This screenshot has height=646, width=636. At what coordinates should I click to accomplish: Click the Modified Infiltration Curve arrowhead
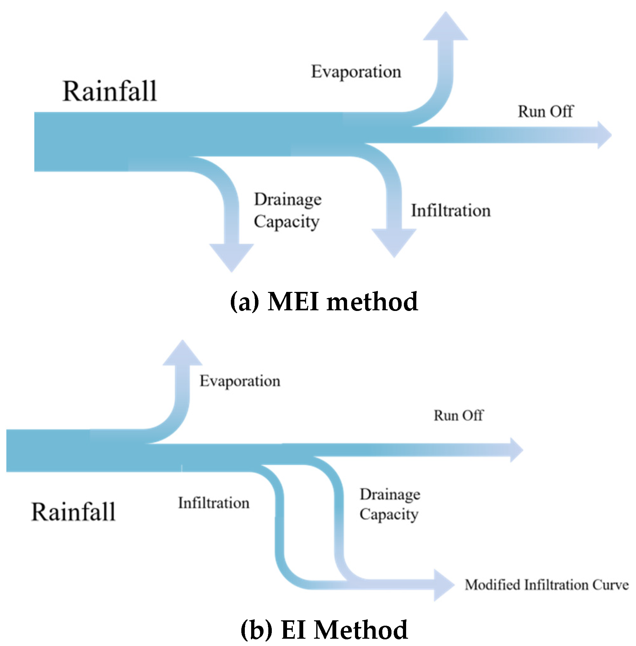(443, 584)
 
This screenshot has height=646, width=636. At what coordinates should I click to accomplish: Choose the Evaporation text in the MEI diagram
(356, 72)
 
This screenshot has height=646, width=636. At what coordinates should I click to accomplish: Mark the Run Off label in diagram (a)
(545, 111)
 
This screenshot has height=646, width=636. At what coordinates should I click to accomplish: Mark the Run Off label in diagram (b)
(458, 415)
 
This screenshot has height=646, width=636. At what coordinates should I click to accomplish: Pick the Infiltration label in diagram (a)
(451, 211)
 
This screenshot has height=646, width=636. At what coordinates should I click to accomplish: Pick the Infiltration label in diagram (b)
(214, 503)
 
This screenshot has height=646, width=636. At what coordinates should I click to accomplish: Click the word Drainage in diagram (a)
(288, 200)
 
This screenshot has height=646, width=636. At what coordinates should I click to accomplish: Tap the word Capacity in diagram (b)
(389, 514)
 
